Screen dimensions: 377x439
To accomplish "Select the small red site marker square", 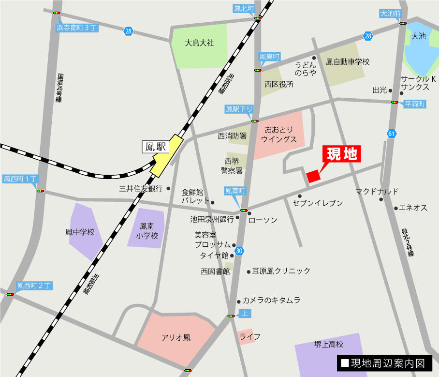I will [x=313, y=176].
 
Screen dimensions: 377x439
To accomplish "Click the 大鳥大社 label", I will [x=199, y=43].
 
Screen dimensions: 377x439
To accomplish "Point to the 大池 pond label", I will [x=418, y=36].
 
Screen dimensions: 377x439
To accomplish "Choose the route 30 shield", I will [x=240, y=251].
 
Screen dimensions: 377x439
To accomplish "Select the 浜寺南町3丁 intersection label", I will [x=77, y=28].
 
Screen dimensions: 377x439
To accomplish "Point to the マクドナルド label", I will [x=377, y=191].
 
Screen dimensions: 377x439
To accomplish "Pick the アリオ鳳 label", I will [x=176, y=337].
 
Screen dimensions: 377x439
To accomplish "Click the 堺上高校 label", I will [x=329, y=345].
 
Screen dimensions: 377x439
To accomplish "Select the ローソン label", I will [x=263, y=220].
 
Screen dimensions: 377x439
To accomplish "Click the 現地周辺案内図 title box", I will [x=384, y=363].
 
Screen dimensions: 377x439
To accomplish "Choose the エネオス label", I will [x=413, y=208].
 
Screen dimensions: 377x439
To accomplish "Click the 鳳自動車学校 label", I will [x=348, y=62].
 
